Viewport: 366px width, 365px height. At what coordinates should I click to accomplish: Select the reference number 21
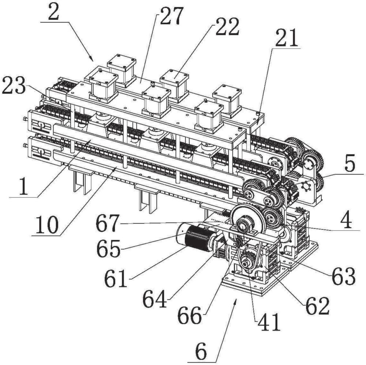tap(287, 38)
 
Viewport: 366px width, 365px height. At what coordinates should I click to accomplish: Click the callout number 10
tap(46, 225)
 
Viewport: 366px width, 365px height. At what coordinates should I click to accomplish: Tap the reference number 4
tap(346, 220)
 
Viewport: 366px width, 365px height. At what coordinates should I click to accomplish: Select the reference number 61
tap(116, 278)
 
